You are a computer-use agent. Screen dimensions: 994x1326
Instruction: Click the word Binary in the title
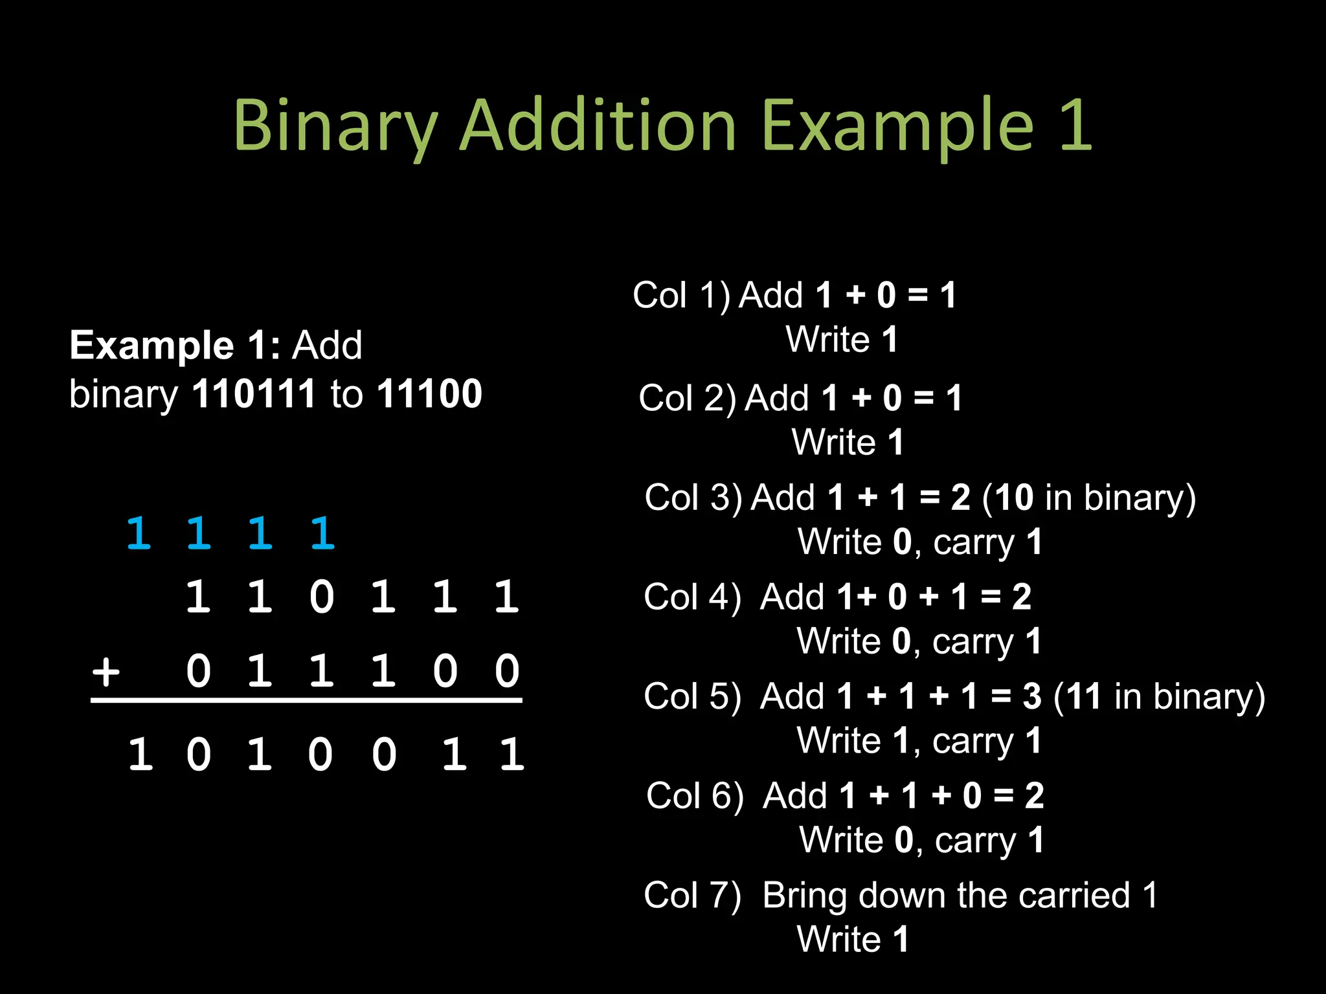[x=335, y=126]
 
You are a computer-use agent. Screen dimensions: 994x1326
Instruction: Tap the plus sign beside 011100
[x=106, y=671]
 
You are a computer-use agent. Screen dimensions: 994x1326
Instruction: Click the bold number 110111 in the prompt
[x=254, y=393]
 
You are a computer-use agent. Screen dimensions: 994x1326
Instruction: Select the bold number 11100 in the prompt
[x=430, y=393]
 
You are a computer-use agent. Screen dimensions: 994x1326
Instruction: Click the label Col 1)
[x=681, y=295]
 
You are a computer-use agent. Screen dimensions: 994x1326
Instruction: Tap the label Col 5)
[x=692, y=697]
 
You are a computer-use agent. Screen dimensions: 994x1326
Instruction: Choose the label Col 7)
[x=692, y=896]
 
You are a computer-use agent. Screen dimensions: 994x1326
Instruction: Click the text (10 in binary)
[x=1089, y=498]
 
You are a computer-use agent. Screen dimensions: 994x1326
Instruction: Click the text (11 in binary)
[x=1159, y=697]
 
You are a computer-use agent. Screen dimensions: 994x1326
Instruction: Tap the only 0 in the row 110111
[x=322, y=597]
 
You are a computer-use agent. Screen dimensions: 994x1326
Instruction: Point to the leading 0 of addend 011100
[x=198, y=671]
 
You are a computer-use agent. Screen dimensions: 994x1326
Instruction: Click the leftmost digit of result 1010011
[x=140, y=754]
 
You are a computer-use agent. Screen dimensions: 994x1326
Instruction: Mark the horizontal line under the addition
[x=306, y=700]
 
